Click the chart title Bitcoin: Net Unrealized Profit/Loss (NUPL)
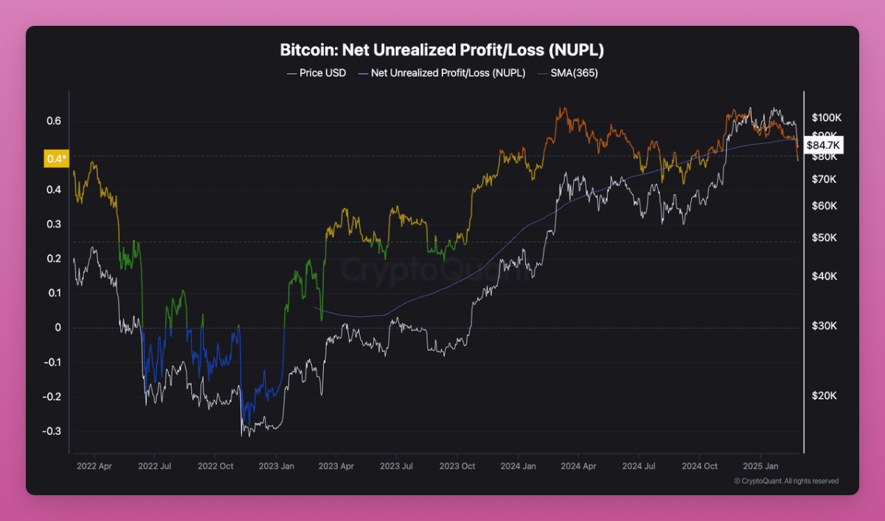(x=442, y=51)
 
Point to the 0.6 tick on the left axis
(x=54, y=121)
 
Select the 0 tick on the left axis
(x=58, y=328)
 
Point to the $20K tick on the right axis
(x=825, y=396)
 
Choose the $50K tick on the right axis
(x=825, y=238)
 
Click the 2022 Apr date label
(x=95, y=466)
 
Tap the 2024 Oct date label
(x=700, y=466)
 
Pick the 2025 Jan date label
(x=761, y=466)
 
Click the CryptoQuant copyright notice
(x=786, y=481)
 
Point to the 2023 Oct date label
(x=457, y=466)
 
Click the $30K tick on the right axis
(x=825, y=326)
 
